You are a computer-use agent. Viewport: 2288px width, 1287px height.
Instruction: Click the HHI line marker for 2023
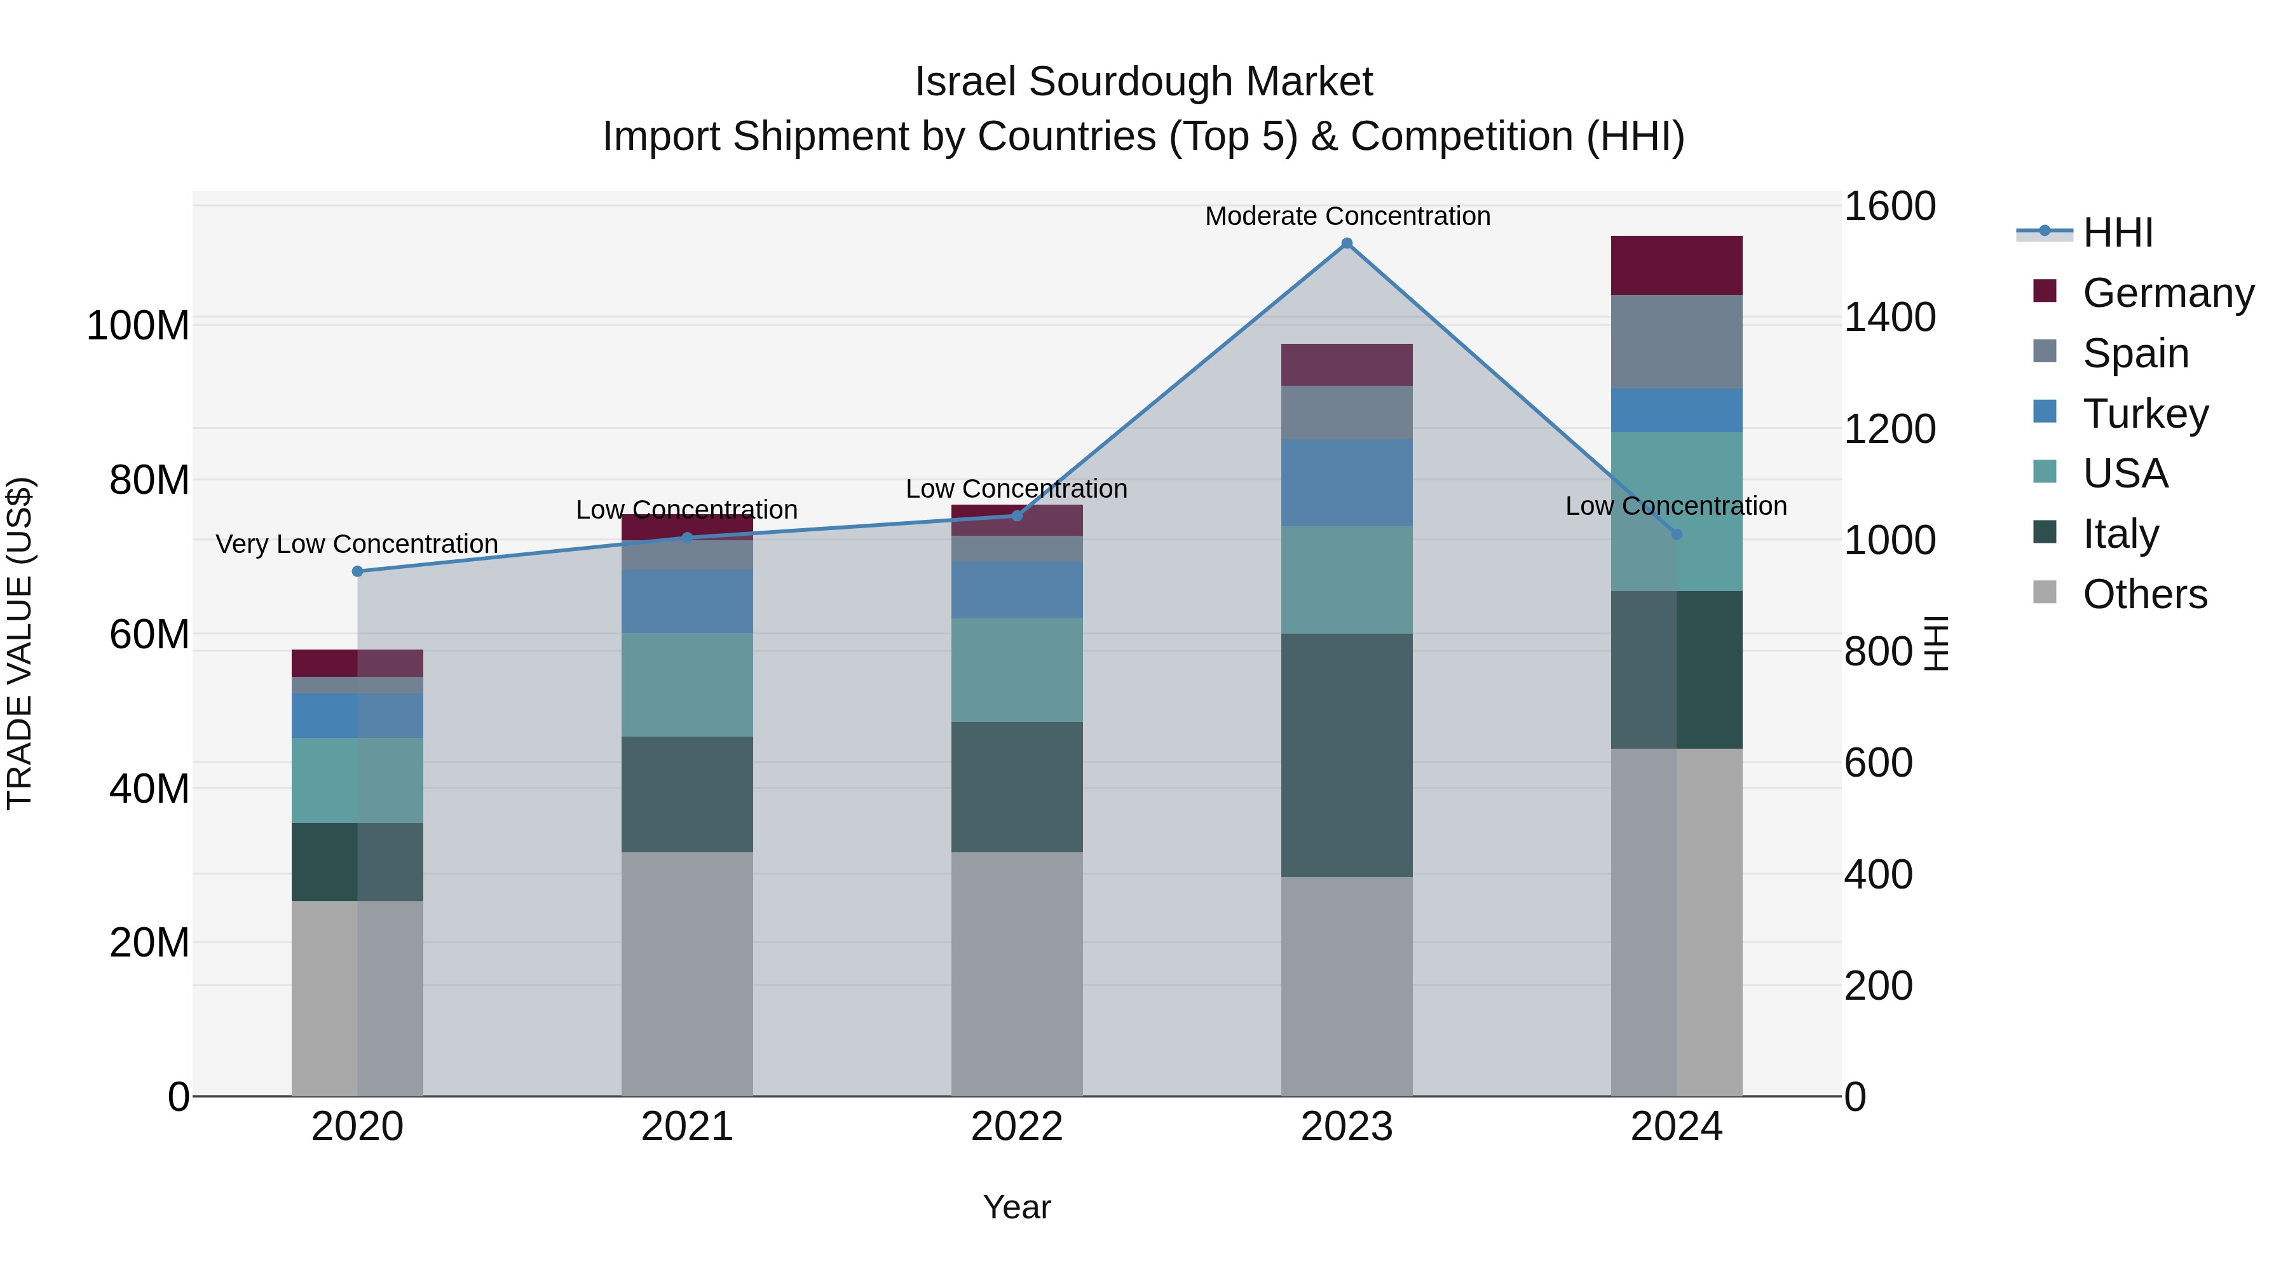pos(1347,243)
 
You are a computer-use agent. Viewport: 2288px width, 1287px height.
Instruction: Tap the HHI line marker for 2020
pos(357,571)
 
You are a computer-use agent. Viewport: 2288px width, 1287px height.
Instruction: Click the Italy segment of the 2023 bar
pos(1347,755)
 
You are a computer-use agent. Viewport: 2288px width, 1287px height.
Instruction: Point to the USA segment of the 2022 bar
pos(1017,670)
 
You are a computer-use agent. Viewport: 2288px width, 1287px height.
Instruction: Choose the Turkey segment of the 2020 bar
pos(357,715)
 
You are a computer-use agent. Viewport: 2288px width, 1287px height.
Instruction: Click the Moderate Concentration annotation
pos(1347,216)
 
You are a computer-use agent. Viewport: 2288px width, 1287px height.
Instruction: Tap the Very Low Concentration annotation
pos(357,543)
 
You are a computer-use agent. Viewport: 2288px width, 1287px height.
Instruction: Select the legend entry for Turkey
pos(2145,414)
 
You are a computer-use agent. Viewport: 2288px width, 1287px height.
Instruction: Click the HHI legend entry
pos(2118,233)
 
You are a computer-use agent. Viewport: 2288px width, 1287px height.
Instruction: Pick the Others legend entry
pos(2144,594)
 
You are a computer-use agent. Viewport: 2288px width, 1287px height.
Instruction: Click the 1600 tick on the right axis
pos(1890,206)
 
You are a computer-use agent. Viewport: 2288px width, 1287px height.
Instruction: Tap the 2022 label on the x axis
pos(1017,1127)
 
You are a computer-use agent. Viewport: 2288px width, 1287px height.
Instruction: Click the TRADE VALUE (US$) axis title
pos(20,643)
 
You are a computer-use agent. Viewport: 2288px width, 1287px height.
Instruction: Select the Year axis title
pos(1017,1207)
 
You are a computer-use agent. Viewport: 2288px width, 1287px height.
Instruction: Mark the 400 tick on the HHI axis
pos(1877,875)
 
